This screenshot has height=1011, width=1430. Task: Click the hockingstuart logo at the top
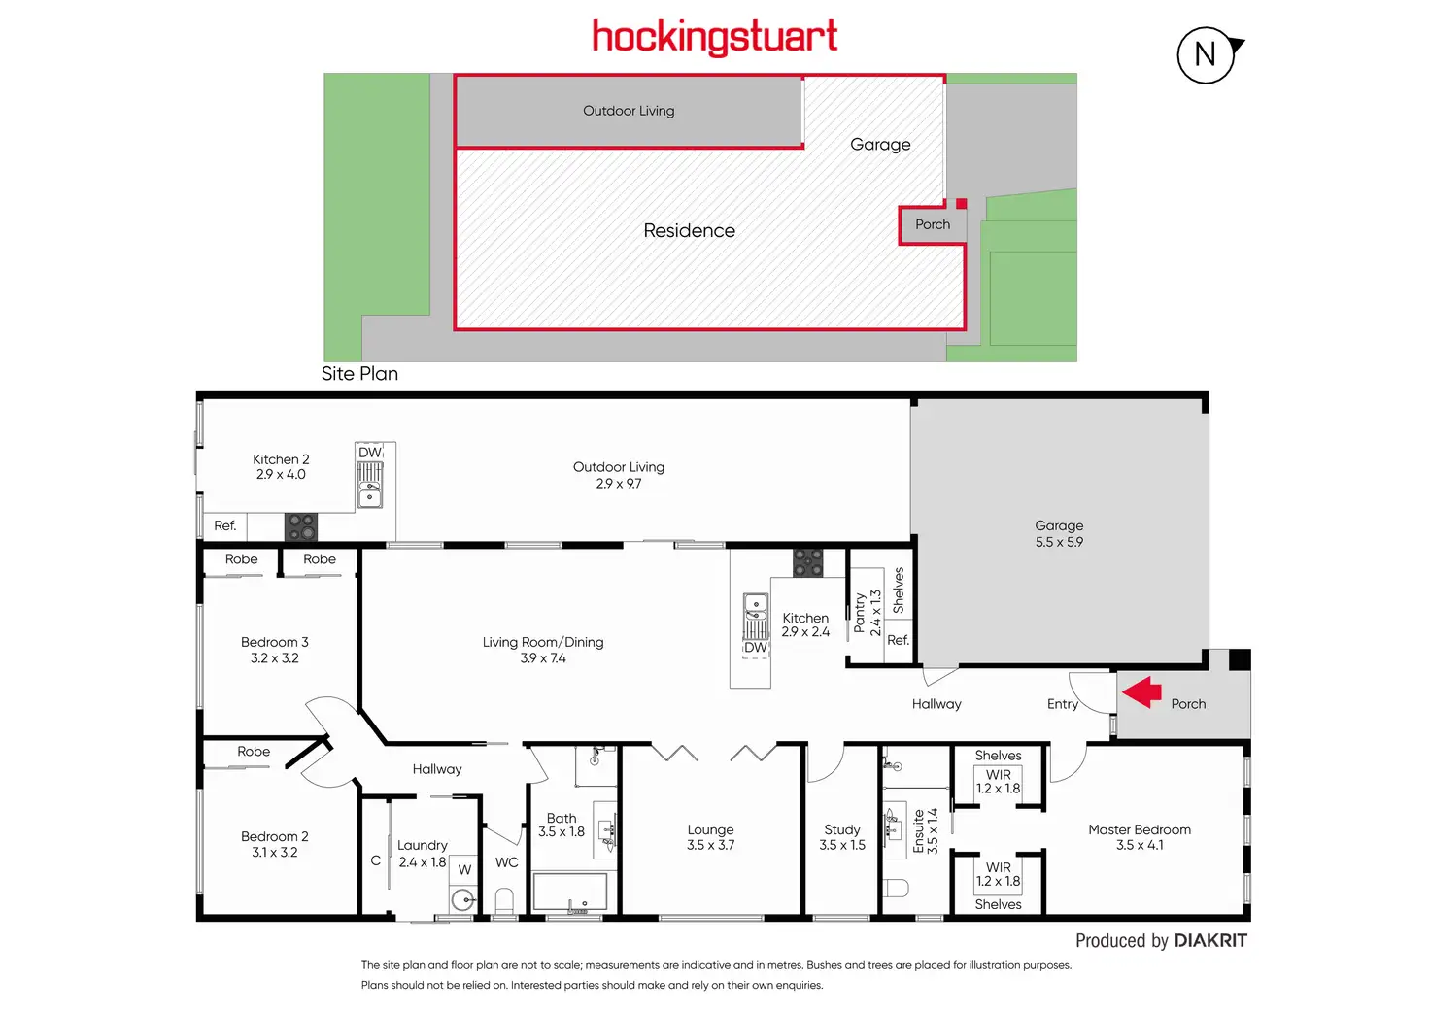pyautogui.click(x=714, y=38)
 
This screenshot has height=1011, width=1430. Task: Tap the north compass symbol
pyautogui.click(x=1207, y=54)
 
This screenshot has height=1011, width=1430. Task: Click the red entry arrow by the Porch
pyautogui.click(x=1142, y=691)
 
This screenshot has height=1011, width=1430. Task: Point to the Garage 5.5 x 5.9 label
pyautogui.click(x=1059, y=533)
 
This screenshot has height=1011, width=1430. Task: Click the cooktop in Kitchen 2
pyautogui.click(x=301, y=527)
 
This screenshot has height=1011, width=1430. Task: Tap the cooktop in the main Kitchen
pyautogui.click(x=808, y=563)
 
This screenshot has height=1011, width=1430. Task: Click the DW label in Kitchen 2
pyautogui.click(x=370, y=453)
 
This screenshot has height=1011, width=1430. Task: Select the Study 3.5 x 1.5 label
pyautogui.click(x=842, y=837)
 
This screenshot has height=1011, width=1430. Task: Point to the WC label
pyautogui.click(x=507, y=862)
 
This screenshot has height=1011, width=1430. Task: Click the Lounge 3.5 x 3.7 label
pyautogui.click(x=710, y=837)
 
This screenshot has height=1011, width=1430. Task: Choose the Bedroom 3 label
pyautogui.click(x=275, y=650)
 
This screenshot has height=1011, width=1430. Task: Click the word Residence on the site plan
pyautogui.click(x=689, y=231)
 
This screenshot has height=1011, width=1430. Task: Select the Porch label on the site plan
pyautogui.click(x=933, y=224)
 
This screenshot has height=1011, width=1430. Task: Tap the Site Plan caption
pyautogui.click(x=359, y=374)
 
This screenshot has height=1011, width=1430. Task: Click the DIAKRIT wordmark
pyautogui.click(x=1210, y=941)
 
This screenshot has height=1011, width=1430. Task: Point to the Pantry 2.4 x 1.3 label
pyautogui.click(x=868, y=613)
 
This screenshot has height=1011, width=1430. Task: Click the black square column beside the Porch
pyautogui.click(x=1240, y=660)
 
